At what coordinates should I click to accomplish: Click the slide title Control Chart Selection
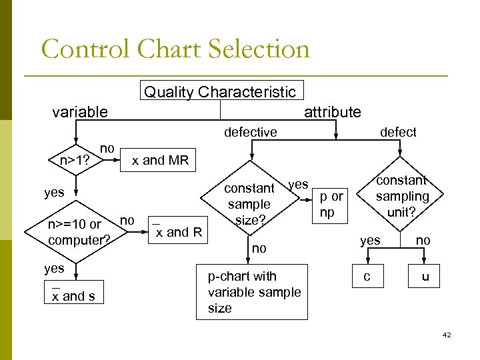[175, 49]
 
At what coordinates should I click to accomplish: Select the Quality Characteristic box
[219, 91]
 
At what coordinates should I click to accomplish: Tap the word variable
[79, 112]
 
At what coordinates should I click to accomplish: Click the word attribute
[332, 112]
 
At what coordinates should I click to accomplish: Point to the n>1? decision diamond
[75, 160]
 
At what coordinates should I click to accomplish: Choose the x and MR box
[160, 160]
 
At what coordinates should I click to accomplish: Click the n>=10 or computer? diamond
[75, 232]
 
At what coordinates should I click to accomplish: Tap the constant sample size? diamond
[249, 204]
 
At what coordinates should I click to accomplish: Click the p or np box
[331, 203]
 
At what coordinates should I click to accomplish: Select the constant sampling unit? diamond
[401, 196]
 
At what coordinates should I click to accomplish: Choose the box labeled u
[425, 276]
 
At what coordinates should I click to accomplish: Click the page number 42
[447, 335]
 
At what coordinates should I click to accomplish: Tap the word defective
[251, 132]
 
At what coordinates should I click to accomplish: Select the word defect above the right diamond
[397, 132]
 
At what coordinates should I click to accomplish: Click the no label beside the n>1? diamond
[107, 148]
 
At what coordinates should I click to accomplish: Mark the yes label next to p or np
[298, 184]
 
